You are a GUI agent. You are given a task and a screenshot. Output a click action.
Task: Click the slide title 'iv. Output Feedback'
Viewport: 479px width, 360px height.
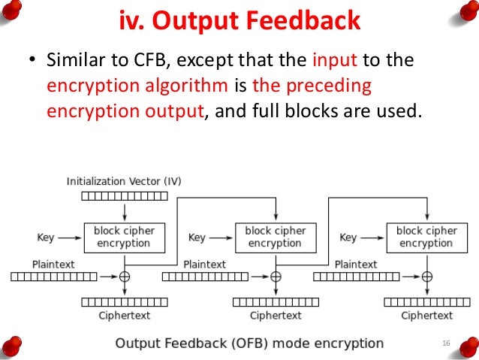pyautogui.click(x=239, y=20)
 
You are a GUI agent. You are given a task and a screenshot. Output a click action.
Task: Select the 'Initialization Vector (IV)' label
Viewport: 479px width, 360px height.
pyautogui.click(x=124, y=181)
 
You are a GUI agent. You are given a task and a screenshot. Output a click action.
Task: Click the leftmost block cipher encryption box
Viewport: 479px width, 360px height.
pyautogui.click(x=124, y=237)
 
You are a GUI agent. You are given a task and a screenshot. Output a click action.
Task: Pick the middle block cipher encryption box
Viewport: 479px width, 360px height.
pyautogui.click(x=275, y=237)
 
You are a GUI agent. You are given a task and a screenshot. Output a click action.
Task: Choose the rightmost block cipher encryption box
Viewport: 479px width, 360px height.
pyautogui.click(x=426, y=237)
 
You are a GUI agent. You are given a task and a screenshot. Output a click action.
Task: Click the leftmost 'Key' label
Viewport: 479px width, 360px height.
pyautogui.click(x=46, y=237)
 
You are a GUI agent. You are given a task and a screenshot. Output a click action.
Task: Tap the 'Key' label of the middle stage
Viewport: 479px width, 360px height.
pyautogui.click(x=197, y=237)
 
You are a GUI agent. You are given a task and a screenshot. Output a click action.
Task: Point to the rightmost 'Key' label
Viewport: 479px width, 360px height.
pyautogui.click(x=348, y=237)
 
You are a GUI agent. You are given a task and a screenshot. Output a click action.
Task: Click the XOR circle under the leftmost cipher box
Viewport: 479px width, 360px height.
pyautogui.click(x=125, y=277)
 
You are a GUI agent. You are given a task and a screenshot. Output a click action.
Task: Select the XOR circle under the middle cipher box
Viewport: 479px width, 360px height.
pyautogui.click(x=276, y=277)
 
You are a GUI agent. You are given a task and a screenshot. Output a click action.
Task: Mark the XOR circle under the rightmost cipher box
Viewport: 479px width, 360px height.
pyautogui.click(x=426, y=277)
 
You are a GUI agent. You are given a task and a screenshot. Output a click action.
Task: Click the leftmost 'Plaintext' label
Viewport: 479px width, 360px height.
pyautogui.click(x=53, y=265)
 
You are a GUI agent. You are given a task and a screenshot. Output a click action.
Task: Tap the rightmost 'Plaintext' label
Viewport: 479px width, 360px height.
pyautogui.click(x=356, y=265)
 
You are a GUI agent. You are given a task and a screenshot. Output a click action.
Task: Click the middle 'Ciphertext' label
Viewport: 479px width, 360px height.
pyautogui.click(x=276, y=316)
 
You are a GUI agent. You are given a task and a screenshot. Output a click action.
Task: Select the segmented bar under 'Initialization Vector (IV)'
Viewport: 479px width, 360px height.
pyautogui.click(x=124, y=196)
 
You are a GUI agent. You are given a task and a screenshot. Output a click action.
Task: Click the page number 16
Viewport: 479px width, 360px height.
pyautogui.click(x=446, y=343)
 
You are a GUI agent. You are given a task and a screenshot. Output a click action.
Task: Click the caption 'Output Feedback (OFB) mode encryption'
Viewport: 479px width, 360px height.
pyautogui.click(x=249, y=343)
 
